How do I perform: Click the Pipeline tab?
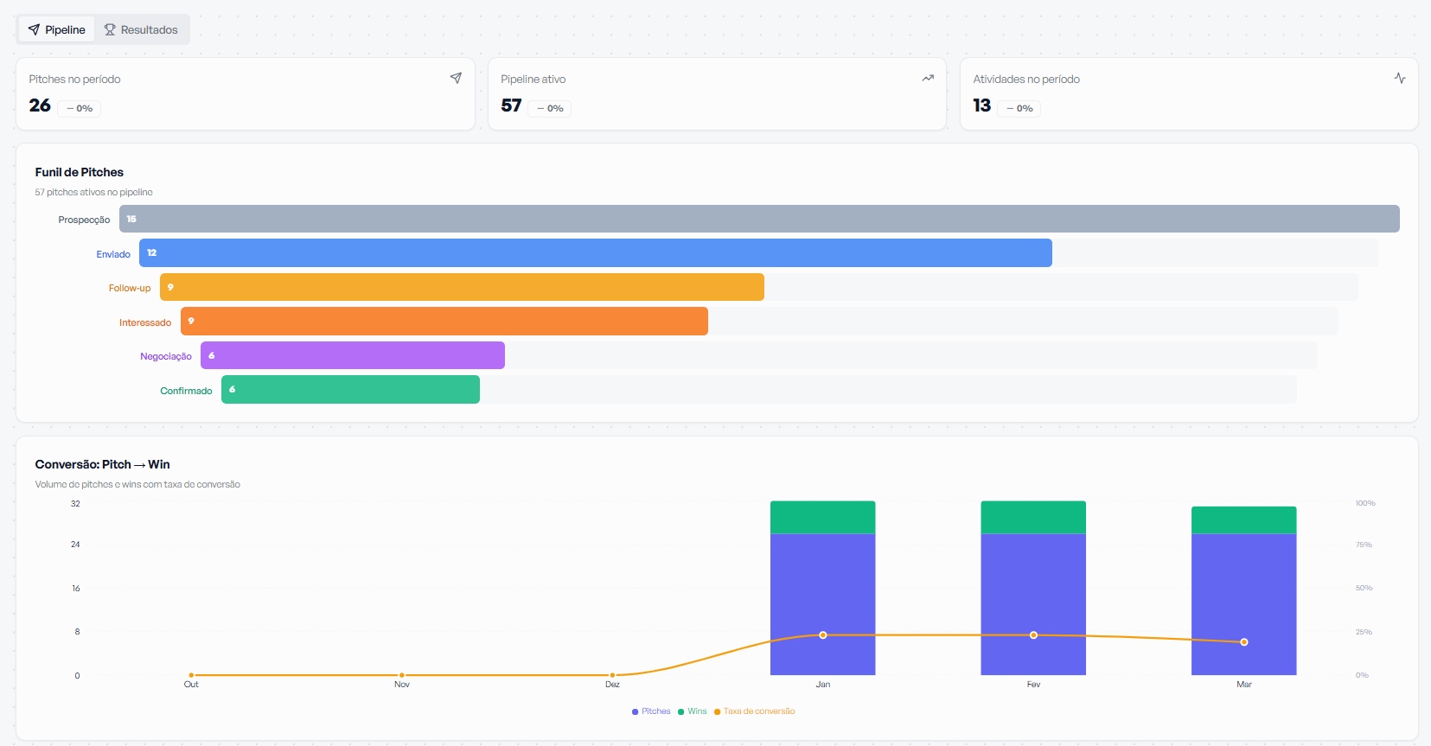(57, 29)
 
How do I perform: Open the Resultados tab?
(141, 29)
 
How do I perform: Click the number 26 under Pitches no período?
(40, 105)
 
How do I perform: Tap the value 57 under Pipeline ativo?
(511, 105)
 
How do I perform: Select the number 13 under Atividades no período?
(981, 105)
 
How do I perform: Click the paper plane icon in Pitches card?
(456, 78)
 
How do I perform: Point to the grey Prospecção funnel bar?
(759, 219)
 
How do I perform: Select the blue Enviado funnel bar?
(595, 253)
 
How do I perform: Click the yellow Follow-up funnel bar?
(462, 287)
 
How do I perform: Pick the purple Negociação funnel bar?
(353, 355)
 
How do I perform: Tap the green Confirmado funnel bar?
(350, 390)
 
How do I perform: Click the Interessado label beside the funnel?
(145, 322)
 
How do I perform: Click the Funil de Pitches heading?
(80, 172)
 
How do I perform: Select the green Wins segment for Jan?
(822, 517)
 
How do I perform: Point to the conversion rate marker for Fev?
(1033, 635)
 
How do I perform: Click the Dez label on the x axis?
(612, 685)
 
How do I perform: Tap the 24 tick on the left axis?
(75, 545)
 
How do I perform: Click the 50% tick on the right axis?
(1364, 588)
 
